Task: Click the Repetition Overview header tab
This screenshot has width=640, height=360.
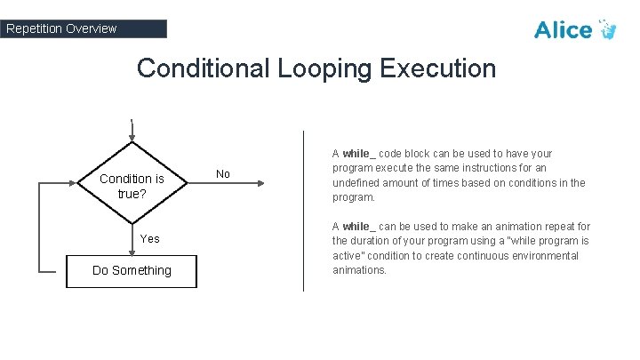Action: pyautogui.click(x=84, y=28)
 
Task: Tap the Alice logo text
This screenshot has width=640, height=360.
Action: pyautogui.click(x=563, y=30)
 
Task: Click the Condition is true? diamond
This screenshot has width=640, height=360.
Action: pyautogui.click(x=132, y=184)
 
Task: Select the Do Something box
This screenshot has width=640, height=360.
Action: pyautogui.click(x=132, y=270)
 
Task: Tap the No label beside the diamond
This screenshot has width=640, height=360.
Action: pyautogui.click(x=223, y=174)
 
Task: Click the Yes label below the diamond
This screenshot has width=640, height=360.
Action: pyautogui.click(x=150, y=238)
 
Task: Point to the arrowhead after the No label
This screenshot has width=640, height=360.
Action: pyautogui.click(x=260, y=184)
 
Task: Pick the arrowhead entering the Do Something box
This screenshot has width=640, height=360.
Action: pyautogui.click(x=132, y=252)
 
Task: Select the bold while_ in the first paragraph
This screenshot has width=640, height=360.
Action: pyautogui.click(x=359, y=153)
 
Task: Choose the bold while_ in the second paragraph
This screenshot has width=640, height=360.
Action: pyautogui.click(x=359, y=227)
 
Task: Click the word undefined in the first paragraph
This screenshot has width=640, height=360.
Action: pyautogui.click(x=357, y=182)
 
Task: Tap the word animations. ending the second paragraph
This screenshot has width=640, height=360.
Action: pyautogui.click(x=360, y=270)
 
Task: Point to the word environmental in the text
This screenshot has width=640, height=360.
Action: pyautogui.click(x=543, y=256)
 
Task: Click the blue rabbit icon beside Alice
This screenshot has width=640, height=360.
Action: pyautogui.click(x=608, y=29)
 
